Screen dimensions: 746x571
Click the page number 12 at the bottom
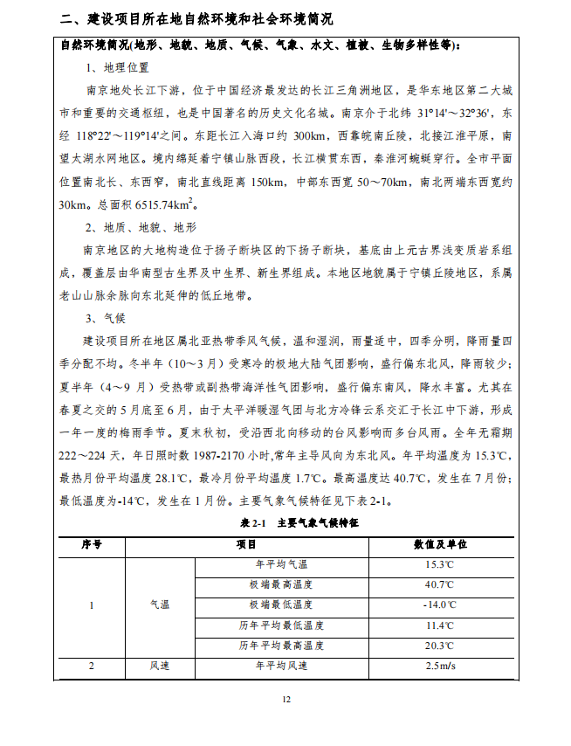tap(285, 699)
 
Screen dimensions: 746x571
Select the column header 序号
tap(92, 543)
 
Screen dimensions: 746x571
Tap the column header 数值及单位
tap(439, 543)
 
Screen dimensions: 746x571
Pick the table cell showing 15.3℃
tap(439, 564)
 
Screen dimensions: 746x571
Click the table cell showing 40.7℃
tap(439, 584)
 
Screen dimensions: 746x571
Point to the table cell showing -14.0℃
tap(439, 604)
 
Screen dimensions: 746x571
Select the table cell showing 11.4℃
tap(439, 625)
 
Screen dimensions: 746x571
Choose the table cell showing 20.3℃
tap(439, 646)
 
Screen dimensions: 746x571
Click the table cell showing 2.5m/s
tap(439, 667)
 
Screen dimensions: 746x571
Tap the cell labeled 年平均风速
tap(281, 667)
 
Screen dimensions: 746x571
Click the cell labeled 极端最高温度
tap(281, 584)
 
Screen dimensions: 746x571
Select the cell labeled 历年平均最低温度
tap(281, 625)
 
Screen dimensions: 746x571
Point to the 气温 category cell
tap(160, 604)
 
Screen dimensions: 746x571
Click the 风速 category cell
tap(160, 667)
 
